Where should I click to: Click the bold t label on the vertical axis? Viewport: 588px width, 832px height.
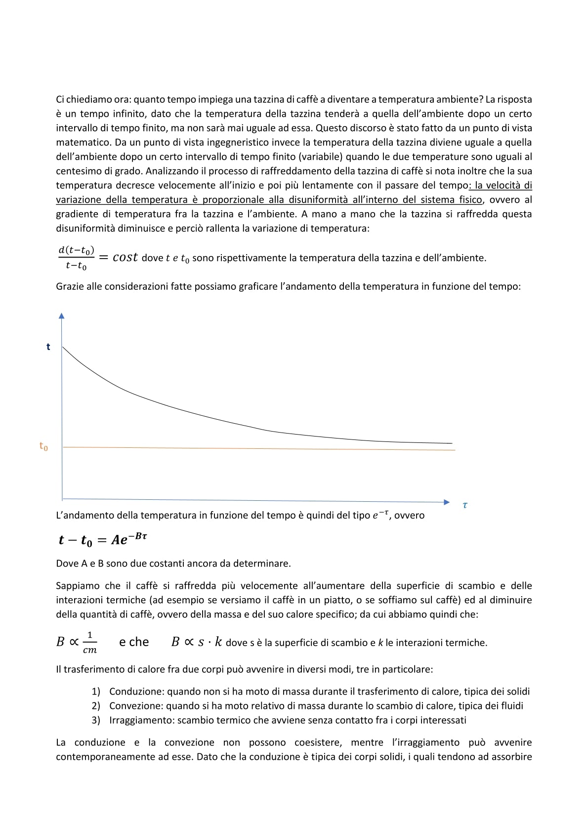coord(48,347)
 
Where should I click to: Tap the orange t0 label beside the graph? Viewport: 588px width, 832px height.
coord(43,446)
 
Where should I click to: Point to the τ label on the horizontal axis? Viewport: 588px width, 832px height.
coord(465,505)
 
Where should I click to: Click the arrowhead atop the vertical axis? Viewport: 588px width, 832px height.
coord(61,316)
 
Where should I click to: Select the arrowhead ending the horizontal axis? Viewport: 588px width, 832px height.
coord(447,502)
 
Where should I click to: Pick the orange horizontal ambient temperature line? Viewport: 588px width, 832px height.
coord(257,448)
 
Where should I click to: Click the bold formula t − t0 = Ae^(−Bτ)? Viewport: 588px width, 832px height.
coord(102,540)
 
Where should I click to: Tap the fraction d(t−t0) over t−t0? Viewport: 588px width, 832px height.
coord(77,258)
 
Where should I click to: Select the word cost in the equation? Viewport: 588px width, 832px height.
coord(125,258)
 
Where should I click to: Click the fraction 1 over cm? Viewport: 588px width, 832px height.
coord(89,642)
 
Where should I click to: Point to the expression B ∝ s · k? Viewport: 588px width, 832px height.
coord(196,642)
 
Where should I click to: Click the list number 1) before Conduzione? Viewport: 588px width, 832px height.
coord(96,692)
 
